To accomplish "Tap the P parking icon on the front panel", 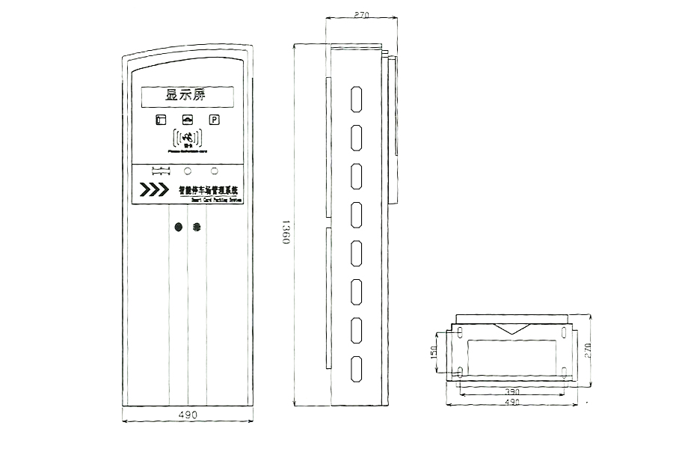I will click(x=214, y=120).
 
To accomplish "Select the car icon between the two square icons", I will click(x=187, y=120).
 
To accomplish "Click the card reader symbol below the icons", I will click(x=187, y=138).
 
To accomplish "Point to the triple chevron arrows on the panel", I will click(x=154, y=189).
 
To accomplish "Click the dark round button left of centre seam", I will click(x=179, y=227).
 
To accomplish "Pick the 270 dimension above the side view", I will click(x=362, y=14).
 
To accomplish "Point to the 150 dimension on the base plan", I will click(x=434, y=352).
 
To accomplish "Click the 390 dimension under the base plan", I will click(x=511, y=391).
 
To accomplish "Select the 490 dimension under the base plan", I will click(x=511, y=403).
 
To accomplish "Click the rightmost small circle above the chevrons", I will click(x=215, y=170).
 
